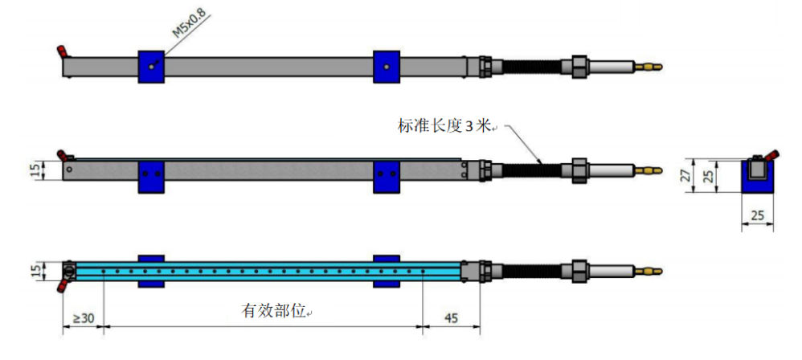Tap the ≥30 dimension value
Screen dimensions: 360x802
pos(83,318)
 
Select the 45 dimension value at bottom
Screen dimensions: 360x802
pos(451,318)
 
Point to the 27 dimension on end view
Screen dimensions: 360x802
pos(685,175)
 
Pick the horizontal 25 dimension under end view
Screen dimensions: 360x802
pos(757,215)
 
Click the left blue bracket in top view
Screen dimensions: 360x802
pos(151,67)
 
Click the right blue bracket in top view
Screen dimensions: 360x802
pos(387,67)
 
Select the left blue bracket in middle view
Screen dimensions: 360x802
pos(151,176)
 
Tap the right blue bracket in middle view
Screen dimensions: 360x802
pos(387,176)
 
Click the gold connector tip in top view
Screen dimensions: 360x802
pos(650,64)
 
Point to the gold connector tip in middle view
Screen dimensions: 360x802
pos(650,170)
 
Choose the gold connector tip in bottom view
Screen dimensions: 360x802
pos(650,271)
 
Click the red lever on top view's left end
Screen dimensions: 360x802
pos(62,53)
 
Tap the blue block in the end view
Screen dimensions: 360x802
pos(757,183)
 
